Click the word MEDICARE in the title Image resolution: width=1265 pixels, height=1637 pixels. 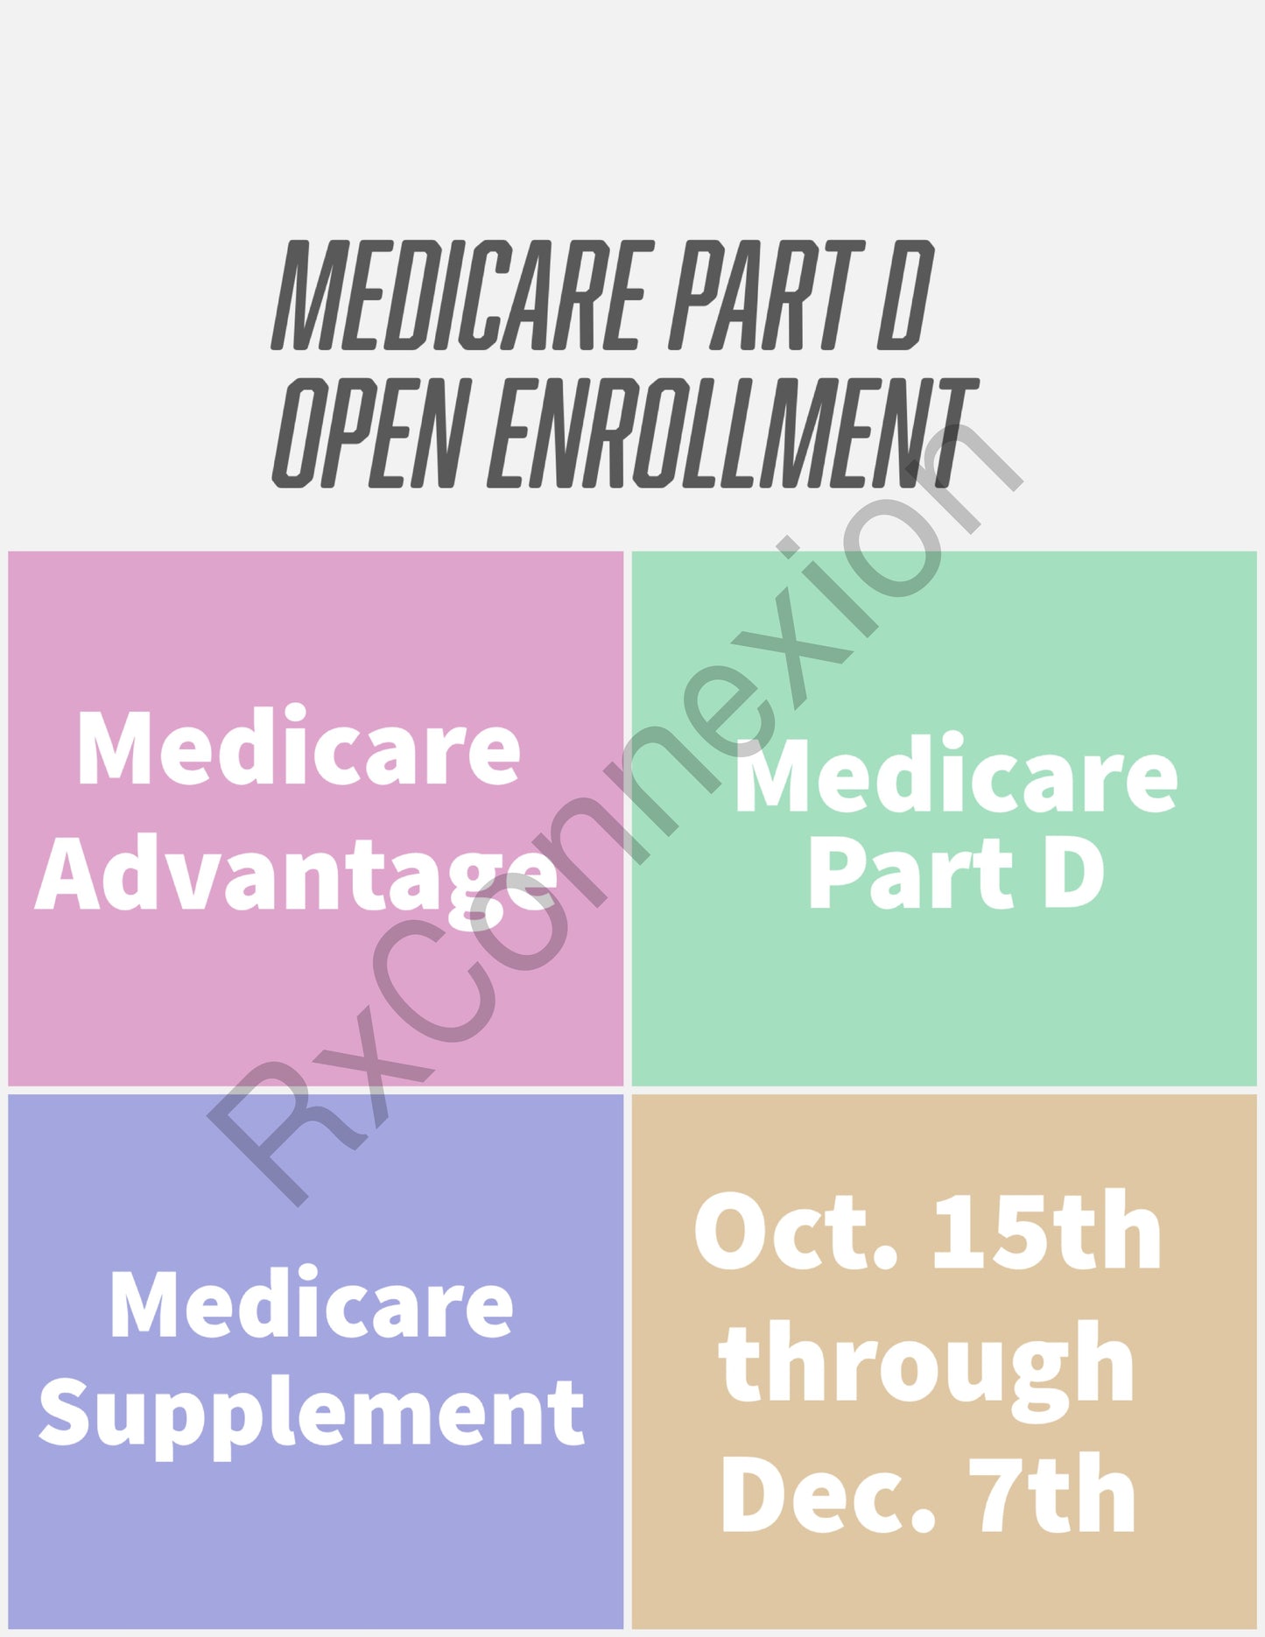pyautogui.click(x=462, y=295)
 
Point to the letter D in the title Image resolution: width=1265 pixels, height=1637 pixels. pyautogui.click(x=906, y=295)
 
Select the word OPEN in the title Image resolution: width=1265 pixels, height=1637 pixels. pyautogui.click(x=367, y=432)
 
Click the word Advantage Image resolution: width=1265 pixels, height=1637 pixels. pyautogui.click(x=296, y=875)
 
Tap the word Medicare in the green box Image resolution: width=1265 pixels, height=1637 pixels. pyautogui.click(x=956, y=775)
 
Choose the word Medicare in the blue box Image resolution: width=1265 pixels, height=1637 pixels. pyautogui.click(x=312, y=1303)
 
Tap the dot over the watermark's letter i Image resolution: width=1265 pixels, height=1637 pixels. pyautogui.click(x=791, y=547)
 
